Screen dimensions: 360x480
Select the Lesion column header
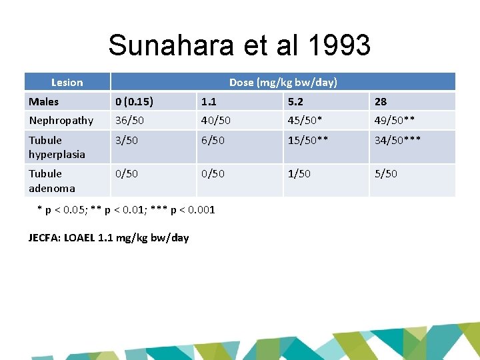(67, 83)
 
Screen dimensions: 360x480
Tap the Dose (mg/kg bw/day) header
(283, 83)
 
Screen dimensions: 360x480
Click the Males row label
(43, 102)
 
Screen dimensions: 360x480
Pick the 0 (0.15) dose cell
(134, 102)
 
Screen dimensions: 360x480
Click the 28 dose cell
(381, 102)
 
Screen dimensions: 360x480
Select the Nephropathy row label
(61, 121)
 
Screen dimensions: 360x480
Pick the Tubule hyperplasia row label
(57, 147)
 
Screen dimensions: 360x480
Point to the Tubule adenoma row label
(51, 180)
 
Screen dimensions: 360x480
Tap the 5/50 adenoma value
(385, 173)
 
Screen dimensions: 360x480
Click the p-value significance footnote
(125, 210)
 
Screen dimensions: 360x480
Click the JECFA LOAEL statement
(109, 237)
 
